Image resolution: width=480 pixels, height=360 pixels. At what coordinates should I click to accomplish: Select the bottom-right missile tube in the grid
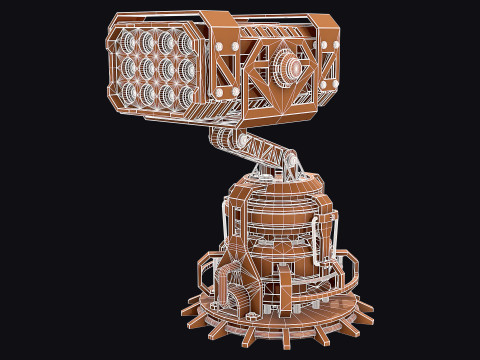coord(186,97)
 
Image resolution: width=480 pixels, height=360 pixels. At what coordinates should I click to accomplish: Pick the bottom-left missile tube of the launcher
coord(130,93)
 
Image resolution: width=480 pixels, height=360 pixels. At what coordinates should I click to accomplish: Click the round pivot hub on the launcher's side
coord(292,67)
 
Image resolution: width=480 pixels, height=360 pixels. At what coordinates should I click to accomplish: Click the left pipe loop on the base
coord(207,270)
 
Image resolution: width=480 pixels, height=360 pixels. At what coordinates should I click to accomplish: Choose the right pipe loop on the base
coord(345,266)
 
